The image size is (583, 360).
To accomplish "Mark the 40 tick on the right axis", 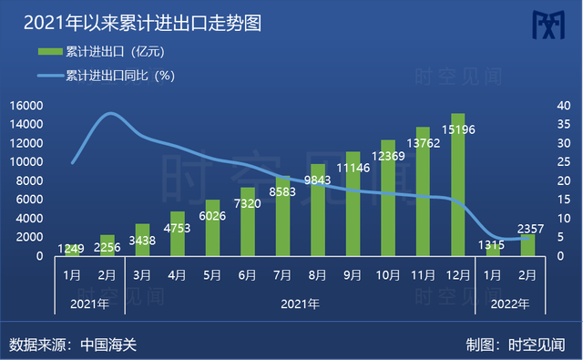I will tap(564, 106).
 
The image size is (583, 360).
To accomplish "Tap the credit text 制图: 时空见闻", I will tap(515, 345).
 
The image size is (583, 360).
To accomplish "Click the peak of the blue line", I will tap(110, 114).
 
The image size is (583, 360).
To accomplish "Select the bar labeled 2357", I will tap(528, 245).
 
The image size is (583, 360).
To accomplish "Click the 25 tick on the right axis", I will tap(564, 162).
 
